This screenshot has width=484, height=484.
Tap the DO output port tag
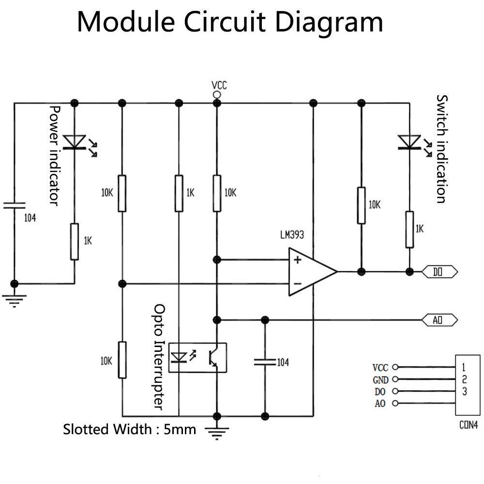coord(439,272)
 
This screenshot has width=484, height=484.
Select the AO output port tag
coord(439,319)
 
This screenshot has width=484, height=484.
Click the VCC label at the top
coord(219,86)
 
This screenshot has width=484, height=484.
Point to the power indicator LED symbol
coord(75,142)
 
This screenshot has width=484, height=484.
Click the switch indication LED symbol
coord(409,142)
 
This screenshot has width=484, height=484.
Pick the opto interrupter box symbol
coord(197,357)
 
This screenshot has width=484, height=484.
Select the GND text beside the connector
coord(380,380)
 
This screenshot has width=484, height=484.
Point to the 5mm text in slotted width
coord(180,429)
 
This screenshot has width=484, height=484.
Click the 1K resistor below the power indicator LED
coord(74,242)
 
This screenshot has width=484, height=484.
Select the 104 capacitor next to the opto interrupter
coord(264,362)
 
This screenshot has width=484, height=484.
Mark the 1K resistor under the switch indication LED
coord(409,229)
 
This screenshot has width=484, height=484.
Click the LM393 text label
coord(292,235)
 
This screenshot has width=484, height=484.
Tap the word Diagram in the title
coord(329,22)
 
